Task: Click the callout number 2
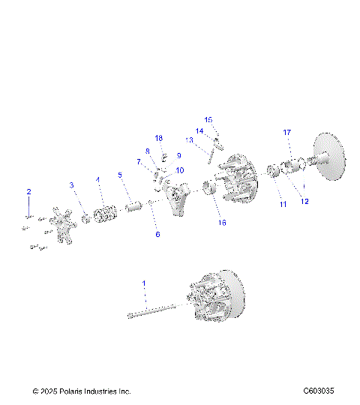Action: (29, 193)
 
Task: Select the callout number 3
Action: (72, 184)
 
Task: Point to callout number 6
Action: (157, 234)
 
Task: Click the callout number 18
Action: (159, 139)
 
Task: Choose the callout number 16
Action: (221, 223)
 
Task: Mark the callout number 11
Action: (283, 204)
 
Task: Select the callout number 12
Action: (304, 200)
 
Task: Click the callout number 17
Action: (286, 132)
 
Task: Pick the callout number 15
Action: (208, 119)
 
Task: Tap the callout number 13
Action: (190, 139)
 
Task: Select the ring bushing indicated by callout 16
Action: (210, 189)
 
